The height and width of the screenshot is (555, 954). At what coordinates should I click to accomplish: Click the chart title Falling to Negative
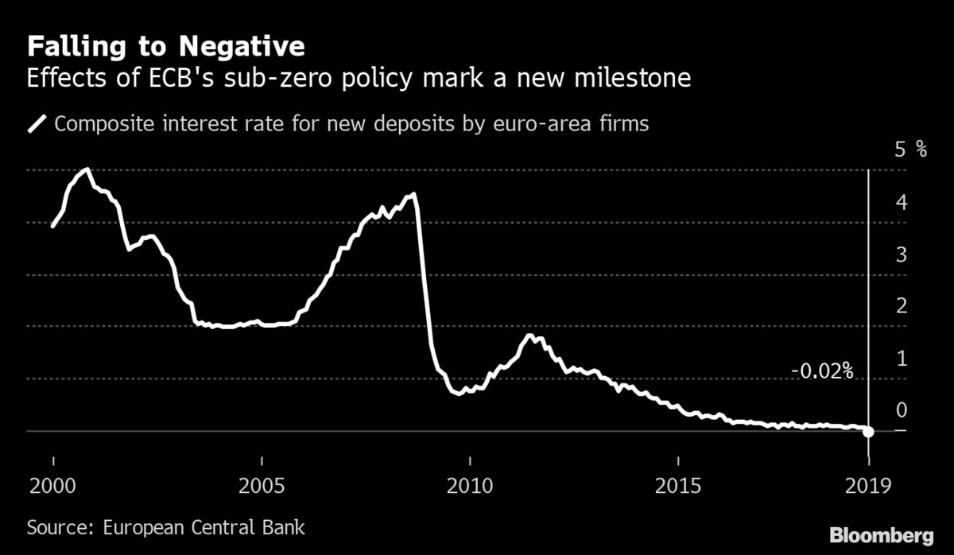point(165,46)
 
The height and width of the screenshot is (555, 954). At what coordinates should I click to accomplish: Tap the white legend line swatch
point(37,124)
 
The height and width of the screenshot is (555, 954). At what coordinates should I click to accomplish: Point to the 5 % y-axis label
point(910,149)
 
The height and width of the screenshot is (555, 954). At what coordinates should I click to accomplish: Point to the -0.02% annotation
point(822,371)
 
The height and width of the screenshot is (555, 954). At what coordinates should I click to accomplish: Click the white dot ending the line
point(869,432)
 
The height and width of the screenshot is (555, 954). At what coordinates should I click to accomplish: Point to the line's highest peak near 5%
point(87,169)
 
